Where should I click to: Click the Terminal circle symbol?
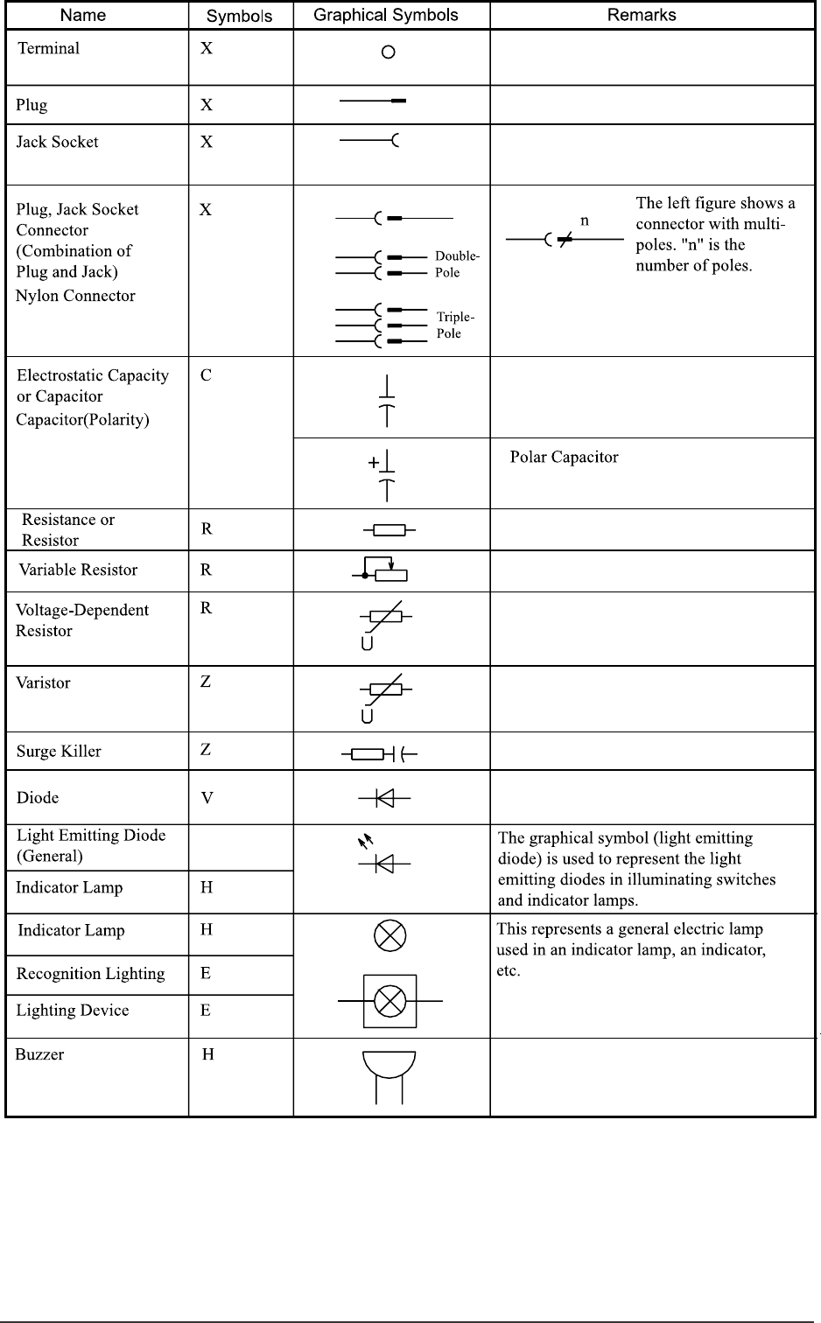click(389, 52)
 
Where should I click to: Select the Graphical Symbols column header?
click(385, 15)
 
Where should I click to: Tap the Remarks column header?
click(642, 15)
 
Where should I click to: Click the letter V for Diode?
click(207, 798)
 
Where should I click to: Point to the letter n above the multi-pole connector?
click(585, 220)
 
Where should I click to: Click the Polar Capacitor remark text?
click(564, 458)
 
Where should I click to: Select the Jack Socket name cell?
click(58, 142)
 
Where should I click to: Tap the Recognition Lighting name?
click(90, 974)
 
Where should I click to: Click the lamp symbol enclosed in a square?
click(389, 1000)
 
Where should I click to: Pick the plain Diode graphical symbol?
click(384, 798)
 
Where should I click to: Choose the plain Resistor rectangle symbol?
click(389, 529)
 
